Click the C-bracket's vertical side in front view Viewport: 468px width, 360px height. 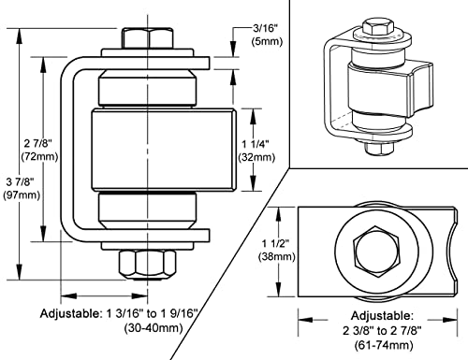69,150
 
